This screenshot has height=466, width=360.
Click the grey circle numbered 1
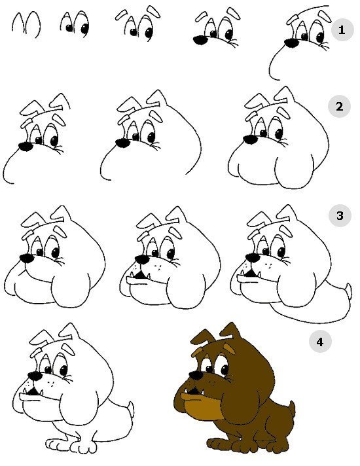click(x=342, y=29)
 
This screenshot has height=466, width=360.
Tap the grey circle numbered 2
click(x=339, y=106)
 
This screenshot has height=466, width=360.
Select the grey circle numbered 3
click(x=340, y=215)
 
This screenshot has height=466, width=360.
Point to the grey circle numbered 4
click(x=320, y=342)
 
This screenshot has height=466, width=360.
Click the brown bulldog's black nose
click(x=196, y=376)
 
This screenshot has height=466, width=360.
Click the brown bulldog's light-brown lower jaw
click(x=202, y=405)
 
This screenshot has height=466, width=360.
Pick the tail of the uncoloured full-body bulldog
click(x=130, y=410)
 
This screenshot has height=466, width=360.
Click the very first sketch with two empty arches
click(x=26, y=25)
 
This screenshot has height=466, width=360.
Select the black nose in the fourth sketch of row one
click(x=201, y=40)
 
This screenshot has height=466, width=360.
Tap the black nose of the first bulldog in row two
click(x=26, y=147)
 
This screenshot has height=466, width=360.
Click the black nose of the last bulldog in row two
click(x=250, y=139)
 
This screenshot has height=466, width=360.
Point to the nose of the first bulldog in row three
click(x=27, y=259)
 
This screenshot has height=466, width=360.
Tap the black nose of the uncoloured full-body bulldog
click(x=35, y=376)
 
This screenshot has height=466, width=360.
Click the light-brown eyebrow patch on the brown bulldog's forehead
click(x=228, y=348)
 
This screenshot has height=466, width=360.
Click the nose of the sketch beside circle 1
click(x=291, y=43)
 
